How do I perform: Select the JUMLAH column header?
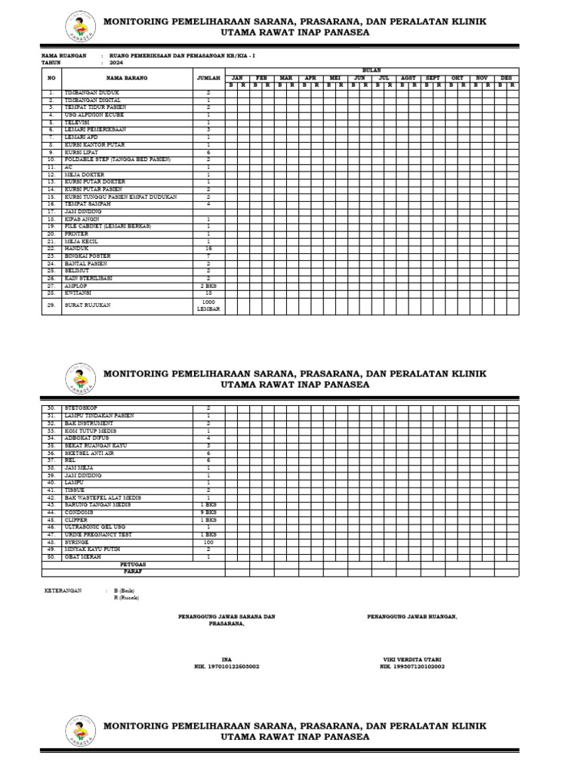pyautogui.click(x=208, y=77)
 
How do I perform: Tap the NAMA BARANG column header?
pyautogui.click(x=125, y=77)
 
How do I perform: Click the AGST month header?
pyautogui.click(x=409, y=78)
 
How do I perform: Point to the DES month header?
pyautogui.click(x=507, y=78)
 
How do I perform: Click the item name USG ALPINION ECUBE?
pyautogui.click(x=94, y=115)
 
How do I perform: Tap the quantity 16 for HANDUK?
pyautogui.click(x=208, y=248)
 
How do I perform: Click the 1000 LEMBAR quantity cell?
pyautogui.click(x=208, y=305)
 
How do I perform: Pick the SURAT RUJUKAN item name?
pyautogui.click(x=88, y=305)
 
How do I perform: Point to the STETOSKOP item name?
pyautogui.click(x=83, y=408)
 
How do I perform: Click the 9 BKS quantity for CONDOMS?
pyautogui.click(x=208, y=513)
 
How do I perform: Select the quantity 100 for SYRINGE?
pyautogui.click(x=208, y=542)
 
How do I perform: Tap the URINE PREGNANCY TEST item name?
pyautogui.click(x=98, y=534)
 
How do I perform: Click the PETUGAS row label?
pyautogui.click(x=133, y=564)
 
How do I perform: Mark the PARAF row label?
pyautogui.click(x=133, y=571)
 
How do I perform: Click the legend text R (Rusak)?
pyautogui.click(x=126, y=598)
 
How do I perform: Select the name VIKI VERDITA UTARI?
pyautogui.click(x=412, y=659)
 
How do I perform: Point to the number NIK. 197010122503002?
pyautogui.click(x=227, y=667)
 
